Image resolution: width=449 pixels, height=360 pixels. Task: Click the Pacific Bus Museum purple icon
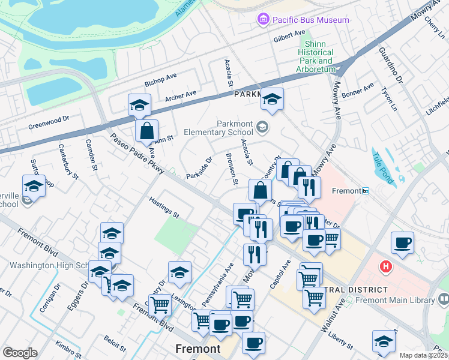pos(262,20)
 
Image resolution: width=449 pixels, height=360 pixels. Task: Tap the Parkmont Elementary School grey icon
pos(262,127)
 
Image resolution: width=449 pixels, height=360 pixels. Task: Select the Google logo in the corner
pos(19,353)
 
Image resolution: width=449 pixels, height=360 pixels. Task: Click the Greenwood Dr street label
pos(50,123)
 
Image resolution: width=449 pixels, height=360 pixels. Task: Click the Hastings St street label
pos(164,208)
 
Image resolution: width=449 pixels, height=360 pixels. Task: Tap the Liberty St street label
pos(340,338)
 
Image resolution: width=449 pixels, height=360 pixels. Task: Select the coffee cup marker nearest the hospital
pos(402,242)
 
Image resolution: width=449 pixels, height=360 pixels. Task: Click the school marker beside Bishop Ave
pos(139,106)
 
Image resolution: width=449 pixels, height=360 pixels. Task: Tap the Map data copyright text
pos(424,355)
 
